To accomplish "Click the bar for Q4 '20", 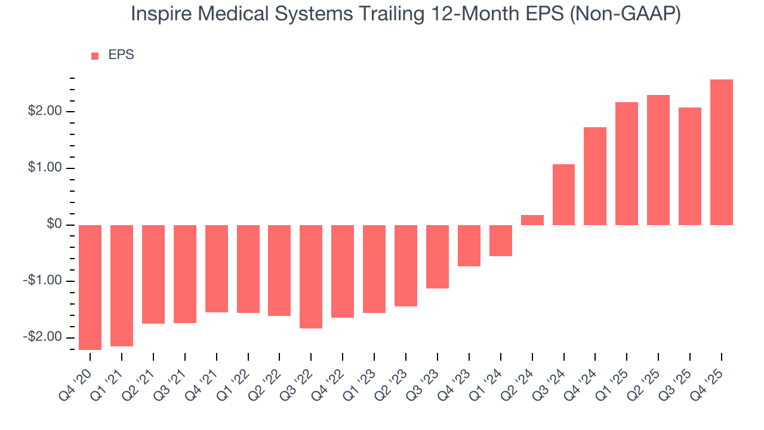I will (90, 287).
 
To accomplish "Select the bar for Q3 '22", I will (311, 277).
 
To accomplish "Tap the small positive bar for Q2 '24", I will (532, 220).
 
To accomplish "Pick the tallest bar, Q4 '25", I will (722, 152).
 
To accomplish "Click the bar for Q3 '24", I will (563, 195).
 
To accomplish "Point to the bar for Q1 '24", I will (501, 241).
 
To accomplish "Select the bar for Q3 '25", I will (690, 166).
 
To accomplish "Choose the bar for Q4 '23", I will (469, 245).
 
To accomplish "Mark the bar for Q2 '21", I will (153, 274).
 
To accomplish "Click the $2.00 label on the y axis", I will (44, 112).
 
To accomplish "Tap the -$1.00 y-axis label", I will (42, 281).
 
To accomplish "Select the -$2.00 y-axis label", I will (42, 337).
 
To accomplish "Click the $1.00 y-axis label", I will (44, 168).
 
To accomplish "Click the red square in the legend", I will (95, 56).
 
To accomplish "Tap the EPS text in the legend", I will (121, 55).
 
